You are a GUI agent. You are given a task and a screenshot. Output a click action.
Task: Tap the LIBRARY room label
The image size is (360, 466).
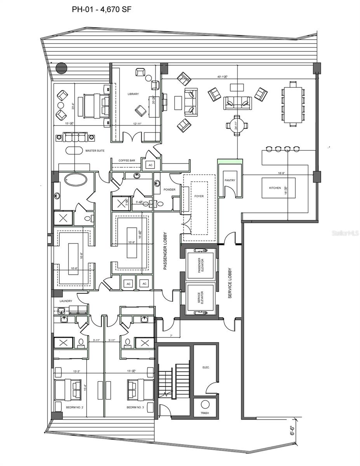pyautogui.click(x=133, y=94)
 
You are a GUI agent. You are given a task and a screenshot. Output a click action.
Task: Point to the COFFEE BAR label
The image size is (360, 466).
pyautogui.click(x=127, y=160)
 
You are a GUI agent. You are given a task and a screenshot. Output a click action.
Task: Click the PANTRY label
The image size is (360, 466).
pyautogui.click(x=230, y=180)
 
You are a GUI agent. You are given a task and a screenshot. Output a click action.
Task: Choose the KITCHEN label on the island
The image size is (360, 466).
pyautogui.click(x=275, y=188)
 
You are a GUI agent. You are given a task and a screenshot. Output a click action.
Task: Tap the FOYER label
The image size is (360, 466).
pyautogui.click(x=199, y=196)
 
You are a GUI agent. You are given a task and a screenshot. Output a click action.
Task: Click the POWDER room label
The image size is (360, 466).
pyautogui.click(x=169, y=190)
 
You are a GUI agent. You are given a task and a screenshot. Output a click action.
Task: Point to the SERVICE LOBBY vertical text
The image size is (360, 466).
pyautogui.click(x=230, y=283)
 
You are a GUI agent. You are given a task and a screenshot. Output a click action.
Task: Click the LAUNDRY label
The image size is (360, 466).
pyautogui.click(x=66, y=301)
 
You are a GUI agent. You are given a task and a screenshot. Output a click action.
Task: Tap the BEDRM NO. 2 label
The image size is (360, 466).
pyautogui.click(x=74, y=407)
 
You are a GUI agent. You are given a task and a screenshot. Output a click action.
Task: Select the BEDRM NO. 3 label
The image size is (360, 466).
pyautogui.click(x=135, y=407)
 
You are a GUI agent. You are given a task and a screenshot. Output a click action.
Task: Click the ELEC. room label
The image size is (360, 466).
pyautogui.click(x=206, y=367)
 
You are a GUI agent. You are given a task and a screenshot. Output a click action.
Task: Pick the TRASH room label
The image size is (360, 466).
pyautogui.click(x=205, y=413)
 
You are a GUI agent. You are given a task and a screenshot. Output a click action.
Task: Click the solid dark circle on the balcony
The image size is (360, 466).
pyautogui.click(x=61, y=68)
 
